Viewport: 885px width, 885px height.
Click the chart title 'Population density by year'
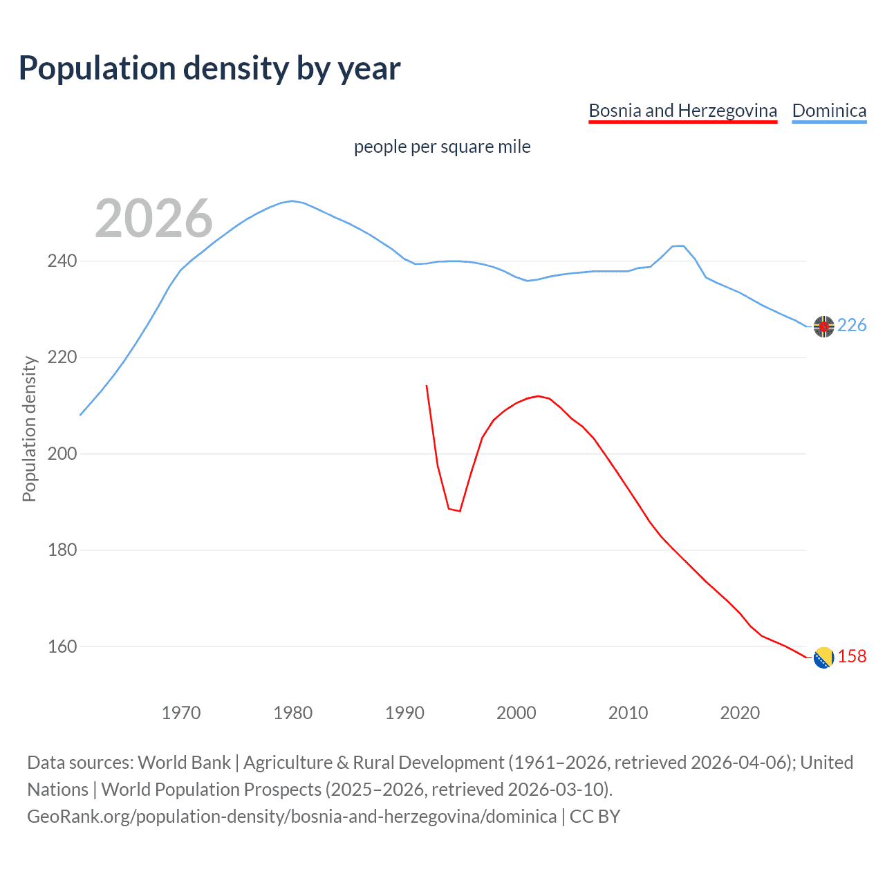pyautogui.click(x=209, y=68)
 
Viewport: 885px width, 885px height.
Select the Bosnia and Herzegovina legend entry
pyautogui.click(x=682, y=111)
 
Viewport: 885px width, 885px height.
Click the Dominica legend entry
pyautogui.click(x=829, y=111)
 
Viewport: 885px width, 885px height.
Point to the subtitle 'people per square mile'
pyautogui.click(x=442, y=147)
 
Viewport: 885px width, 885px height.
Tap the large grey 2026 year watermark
pyautogui.click(x=153, y=218)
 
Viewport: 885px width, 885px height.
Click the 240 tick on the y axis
pyautogui.click(x=62, y=261)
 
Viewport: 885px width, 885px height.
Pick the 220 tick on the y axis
pyautogui.click(x=62, y=357)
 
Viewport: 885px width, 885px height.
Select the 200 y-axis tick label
pyautogui.click(x=62, y=454)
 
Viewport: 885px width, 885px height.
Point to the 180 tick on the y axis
pyautogui.click(x=62, y=550)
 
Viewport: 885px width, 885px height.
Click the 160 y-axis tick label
pyautogui.click(x=62, y=647)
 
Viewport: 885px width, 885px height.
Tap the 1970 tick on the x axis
pyautogui.click(x=181, y=713)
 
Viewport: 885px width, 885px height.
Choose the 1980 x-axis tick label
pyautogui.click(x=293, y=713)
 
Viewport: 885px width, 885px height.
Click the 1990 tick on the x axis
pyautogui.click(x=404, y=713)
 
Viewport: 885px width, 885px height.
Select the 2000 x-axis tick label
pyautogui.click(x=516, y=713)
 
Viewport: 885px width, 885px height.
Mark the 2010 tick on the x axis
pyautogui.click(x=628, y=713)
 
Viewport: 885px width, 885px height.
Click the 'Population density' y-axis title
pyautogui.click(x=29, y=429)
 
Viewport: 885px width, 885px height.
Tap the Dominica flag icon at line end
pyautogui.click(x=823, y=326)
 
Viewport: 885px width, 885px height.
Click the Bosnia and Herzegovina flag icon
pyautogui.click(x=823, y=658)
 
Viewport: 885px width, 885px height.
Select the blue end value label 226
pyautogui.click(x=852, y=326)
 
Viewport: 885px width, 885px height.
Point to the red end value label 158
pyautogui.click(x=852, y=657)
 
